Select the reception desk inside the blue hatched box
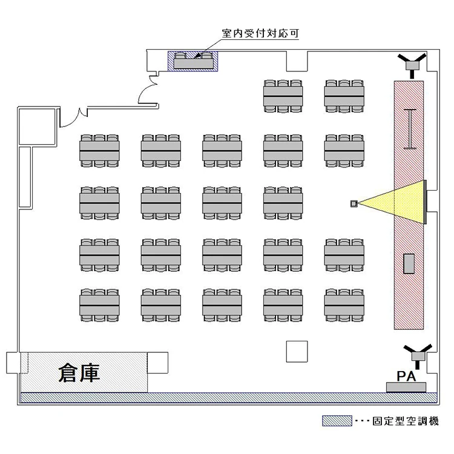[x=193, y=61]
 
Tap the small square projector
[x=354, y=203]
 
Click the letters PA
[x=405, y=376]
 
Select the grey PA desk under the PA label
[x=406, y=387]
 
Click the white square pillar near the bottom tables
[x=297, y=351]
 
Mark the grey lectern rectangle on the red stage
[x=409, y=263]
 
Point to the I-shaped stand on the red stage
[x=411, y=128]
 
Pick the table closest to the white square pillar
[x=283, y=304]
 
